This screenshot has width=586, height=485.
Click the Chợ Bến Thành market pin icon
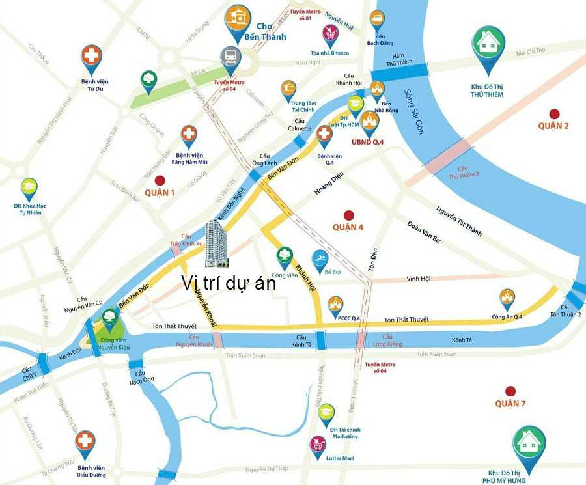point(238,20)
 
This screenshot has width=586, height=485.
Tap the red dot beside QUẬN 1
point(160,180)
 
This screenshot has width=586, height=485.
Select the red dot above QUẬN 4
point(348,214)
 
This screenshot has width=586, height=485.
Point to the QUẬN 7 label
point(510,404)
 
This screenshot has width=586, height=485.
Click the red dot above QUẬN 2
point(554,113)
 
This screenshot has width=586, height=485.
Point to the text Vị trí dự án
point(229,283)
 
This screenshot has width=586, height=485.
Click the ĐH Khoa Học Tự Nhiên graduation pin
point(29,189)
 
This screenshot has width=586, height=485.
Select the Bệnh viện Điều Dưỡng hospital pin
point(85,442)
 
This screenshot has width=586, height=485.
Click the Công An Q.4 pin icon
point(507,298)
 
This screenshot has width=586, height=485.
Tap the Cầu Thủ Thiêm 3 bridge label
point(463,171)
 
